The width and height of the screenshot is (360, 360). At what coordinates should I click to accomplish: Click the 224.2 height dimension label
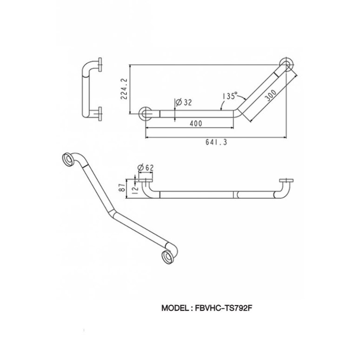click(x=124, y=88)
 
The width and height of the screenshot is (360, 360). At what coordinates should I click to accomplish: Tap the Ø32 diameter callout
click(x=183, y=102)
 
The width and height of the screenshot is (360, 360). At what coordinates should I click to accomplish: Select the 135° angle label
click(x=230, y=96)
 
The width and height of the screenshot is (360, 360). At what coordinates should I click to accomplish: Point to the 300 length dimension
click(x=270, y=95)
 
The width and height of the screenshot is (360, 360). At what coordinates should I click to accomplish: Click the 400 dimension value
click(x=196, y=124)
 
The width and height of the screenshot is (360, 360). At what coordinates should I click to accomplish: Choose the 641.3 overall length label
click(x=216, y=142)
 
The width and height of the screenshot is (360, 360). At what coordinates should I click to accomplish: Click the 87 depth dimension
click(x=123, y=188)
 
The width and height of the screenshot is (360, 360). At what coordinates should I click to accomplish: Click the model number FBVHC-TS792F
click(x=224, y=308)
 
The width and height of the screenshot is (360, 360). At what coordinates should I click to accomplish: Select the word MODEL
click(x=175, y=308)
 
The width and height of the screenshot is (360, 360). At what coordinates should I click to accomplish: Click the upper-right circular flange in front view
click(x=287, y=65)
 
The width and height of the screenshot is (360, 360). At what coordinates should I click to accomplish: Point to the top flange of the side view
click(x=100, y=65)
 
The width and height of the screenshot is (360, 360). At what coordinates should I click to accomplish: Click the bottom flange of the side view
click(x=100, y=113)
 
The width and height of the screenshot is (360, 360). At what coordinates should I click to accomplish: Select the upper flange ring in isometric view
click(x=68, y=159)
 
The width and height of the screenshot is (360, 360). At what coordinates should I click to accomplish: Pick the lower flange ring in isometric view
click(x=168, y=256)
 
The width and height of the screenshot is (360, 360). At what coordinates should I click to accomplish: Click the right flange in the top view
click(x=287, y=180)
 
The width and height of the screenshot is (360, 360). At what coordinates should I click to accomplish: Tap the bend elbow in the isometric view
click(x=112, y=213)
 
